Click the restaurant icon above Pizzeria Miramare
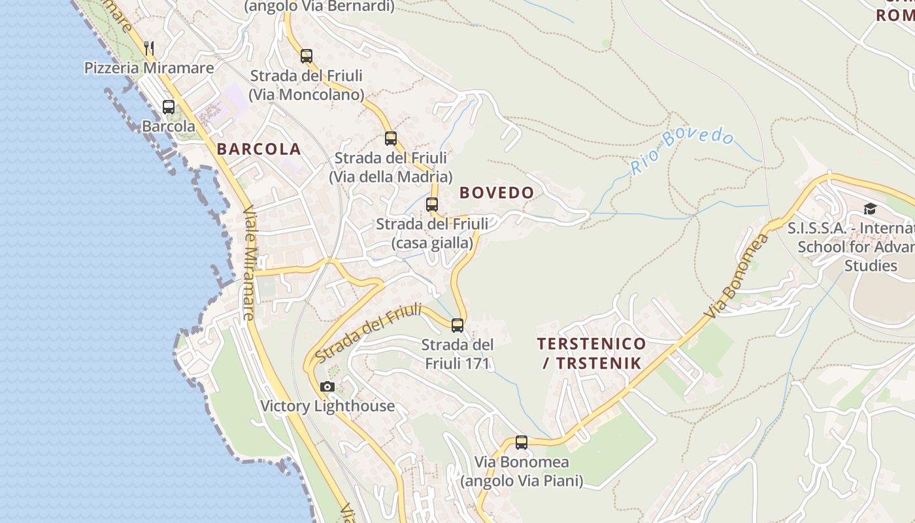pyautogui.click(x=149, y=48)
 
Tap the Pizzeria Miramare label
pyautogui.click(x=149, y=68)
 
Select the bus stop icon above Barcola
pyautogui.click(x=169, y=107)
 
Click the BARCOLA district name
pyautogui.click(x=259, y=149)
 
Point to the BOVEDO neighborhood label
pyautogui.click(x=497, y=193)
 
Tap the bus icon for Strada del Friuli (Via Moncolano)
pyautogui.click(x=307, y=56)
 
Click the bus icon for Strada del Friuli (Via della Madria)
pyautogui.click(x=391, y=139)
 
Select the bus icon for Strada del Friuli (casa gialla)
pyautogui.click(x=432, y=205)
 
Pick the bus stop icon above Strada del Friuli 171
pyautogui.click(x=457, y=325)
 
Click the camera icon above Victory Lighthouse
pyautogui.click(x=327, y=387)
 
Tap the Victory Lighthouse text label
pyautogui.click(x=327, y=406)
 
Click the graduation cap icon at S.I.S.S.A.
pyautogui.click(x=870, y=209)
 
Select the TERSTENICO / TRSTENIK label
pyautogui.click(x=591, y=353)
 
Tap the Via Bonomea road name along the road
pyautogui.click(x=737, y=275)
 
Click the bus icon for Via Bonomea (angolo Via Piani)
pyautogui.click(x=522, y=443)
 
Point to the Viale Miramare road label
pyautogui.click(x=249, y=263)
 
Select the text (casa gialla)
pyautogui.click(x=432, y=243)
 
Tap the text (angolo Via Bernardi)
pyautogui.click(x=319, y=7)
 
